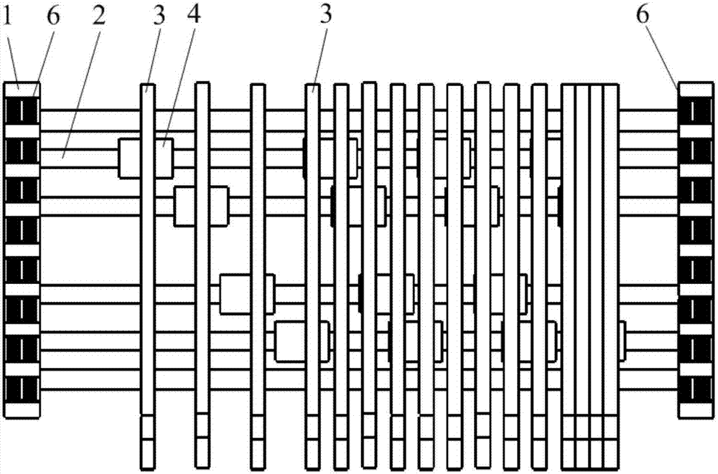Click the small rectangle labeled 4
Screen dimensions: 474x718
[146, 158]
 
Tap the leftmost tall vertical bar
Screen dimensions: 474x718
[147, 272]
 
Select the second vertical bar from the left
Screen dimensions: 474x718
[202, 272]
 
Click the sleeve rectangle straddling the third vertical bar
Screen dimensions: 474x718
[248, 294]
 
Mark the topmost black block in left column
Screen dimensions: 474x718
[22, 110]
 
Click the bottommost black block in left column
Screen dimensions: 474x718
[22, 389]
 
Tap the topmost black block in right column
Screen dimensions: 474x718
[696, 110]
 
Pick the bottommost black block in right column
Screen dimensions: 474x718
[696, 389]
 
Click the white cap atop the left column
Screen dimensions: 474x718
[22, 89]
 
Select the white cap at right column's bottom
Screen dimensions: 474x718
[696, 409]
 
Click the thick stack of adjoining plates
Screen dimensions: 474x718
[589, 272]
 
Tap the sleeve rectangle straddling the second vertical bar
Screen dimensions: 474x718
[202, 206]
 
